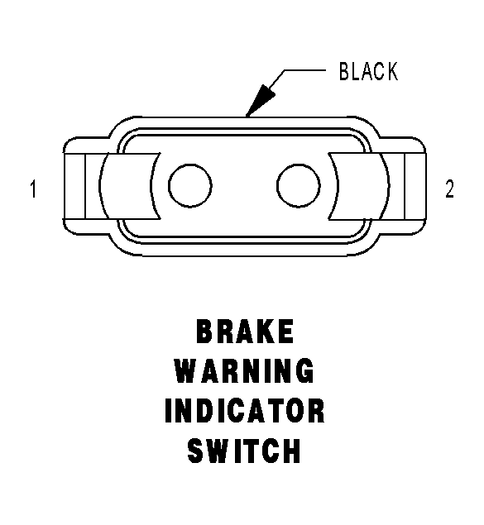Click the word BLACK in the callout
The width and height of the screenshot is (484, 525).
pyautogui.click(x=368, y=71)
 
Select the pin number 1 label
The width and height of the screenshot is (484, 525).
pyautogui.click(x=33, y=189)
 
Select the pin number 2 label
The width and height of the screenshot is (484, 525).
pyautogui.click(x=450, y=189)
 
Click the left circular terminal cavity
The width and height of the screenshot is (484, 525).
pyautogui.click(x=190, y=185)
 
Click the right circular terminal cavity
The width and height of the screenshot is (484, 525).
pyautogui.click(x=299, y=185)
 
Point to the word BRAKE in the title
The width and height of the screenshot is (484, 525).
pyautogui.click(x=245, y=332)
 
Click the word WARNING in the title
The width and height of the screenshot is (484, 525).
pyautogui.click(x=245, y=370)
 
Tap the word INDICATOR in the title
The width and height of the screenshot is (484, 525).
pyautogui.click(x=245, y=410)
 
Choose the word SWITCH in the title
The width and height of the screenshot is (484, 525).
pyautogui.click(x=244, y=451)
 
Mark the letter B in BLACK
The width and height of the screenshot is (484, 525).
pyautogui.click(x=344, y=71)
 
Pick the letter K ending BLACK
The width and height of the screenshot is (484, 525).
pyautogui.click(x=392, y=71)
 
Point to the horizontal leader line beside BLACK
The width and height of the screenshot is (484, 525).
pyautogui.click(x=304, y=70)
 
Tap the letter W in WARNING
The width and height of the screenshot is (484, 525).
pyautogui.click(x=187, y=370)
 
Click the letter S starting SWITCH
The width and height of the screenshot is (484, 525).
pyautogui.click(x=195, y=451)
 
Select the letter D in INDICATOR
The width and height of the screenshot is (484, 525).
pyautogui.click(x=210, y=410)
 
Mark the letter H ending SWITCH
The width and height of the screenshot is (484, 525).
pyautogui.click(x=292, y=451)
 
